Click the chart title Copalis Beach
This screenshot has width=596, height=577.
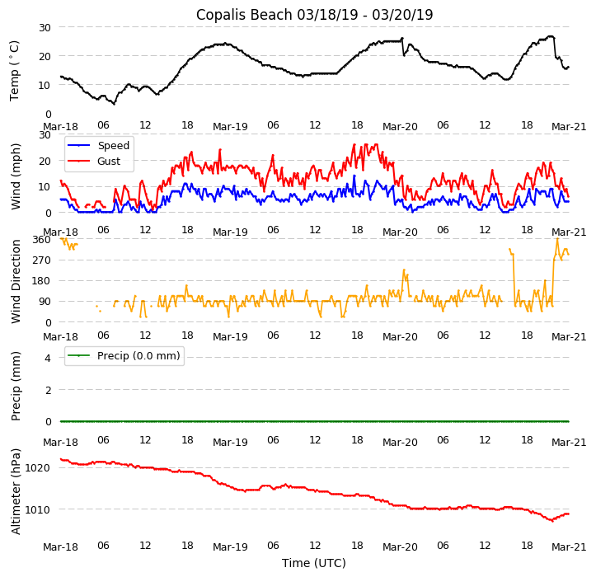314,15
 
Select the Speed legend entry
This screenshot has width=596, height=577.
113,146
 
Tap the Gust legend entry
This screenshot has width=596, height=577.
108,161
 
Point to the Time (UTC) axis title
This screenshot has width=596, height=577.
314,563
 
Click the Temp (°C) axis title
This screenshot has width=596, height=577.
15,70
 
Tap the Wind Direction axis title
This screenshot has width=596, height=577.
15,281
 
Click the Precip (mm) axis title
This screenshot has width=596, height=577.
15,386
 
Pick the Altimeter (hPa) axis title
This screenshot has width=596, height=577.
15,491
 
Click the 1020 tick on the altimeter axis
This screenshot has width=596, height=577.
40,467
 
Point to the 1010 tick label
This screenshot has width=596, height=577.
40,509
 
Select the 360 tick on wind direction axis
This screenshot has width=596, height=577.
42,240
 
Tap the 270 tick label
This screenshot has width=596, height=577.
42,260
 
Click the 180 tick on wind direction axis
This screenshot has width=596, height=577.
42,281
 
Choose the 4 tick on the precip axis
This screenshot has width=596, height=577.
47,358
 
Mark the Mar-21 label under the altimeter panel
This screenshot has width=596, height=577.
570,547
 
